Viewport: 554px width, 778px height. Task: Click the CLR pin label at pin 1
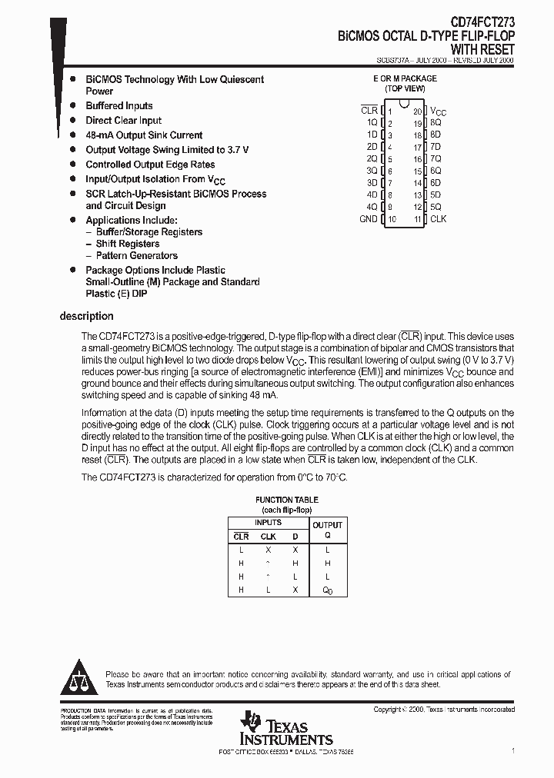pos(369,111)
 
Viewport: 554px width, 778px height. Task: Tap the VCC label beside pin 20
pos(438,111)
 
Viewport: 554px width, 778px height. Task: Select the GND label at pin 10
pos(369,219)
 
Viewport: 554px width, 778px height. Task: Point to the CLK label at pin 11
pos(438,219)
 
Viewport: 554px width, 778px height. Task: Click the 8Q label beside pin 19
pos(436,122)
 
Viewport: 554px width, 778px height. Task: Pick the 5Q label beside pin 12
pos(436,207)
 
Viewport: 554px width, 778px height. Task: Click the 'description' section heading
pos(86,316)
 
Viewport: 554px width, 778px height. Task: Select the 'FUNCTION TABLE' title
pos(286,500)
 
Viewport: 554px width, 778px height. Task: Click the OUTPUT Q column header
pos(327,530)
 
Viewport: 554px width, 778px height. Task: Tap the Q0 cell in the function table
pos(327,590)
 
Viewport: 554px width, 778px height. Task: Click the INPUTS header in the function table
pos(268,523)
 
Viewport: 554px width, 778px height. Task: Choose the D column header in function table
pos(294,537)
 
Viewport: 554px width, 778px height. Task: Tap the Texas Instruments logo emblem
pos(251,723)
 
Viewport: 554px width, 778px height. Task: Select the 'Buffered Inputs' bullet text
pos(119,106)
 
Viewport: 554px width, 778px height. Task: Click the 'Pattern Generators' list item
pos(136,255)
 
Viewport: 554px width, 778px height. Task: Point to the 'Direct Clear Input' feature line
pos(123,121)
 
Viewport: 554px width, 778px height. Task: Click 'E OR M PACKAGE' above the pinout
pos(405,78)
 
